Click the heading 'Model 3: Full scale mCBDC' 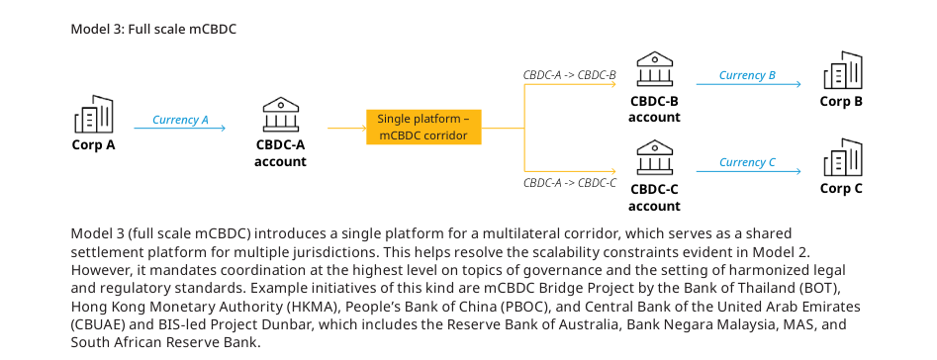tap(153, 29)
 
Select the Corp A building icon tap(94, 114)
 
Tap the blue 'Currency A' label tap(180, 120)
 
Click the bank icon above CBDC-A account tap(280, 115)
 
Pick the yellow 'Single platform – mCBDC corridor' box tap(423, 127)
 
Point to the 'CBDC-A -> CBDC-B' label tap(570, 75)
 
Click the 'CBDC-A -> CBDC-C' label tap(570, 183)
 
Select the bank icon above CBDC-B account tap(654, 69)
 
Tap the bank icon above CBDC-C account tap(654, 157)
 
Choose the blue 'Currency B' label tap(747, 75)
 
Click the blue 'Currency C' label tap(747, 162)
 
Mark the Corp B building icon tap(843, 70)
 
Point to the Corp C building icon tap(843, 157)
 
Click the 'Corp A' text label tap(94, 145)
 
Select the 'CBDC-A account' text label tap(280, 153)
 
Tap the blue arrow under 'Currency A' tap(180, 128)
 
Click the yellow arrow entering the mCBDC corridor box tap(346, 128)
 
